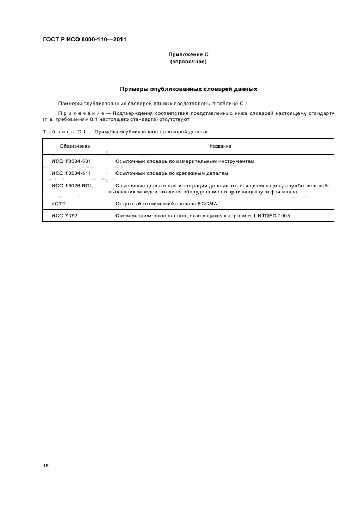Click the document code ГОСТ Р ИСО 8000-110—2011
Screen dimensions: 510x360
88,39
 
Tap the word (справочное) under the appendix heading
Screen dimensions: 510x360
188,62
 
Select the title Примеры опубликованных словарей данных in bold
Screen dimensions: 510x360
188,89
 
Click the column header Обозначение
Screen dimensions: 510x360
75,147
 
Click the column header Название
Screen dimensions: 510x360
220,147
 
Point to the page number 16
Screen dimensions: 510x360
46,466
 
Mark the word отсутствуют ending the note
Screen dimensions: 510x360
174,119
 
